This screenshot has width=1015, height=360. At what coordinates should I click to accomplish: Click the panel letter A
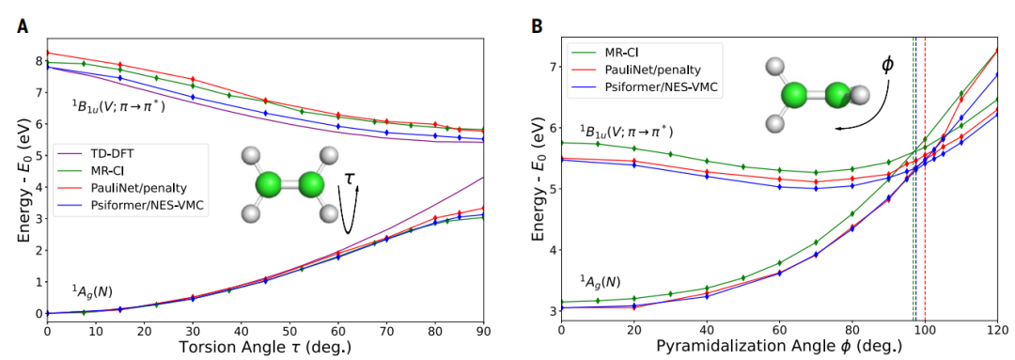[x=22, y=25]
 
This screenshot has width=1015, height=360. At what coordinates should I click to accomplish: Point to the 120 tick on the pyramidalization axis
[x=997, y=329]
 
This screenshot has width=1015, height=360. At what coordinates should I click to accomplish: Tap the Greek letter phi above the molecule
[x=886, y=64]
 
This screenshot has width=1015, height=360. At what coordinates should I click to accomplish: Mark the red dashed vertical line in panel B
[x=925, y=188]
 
